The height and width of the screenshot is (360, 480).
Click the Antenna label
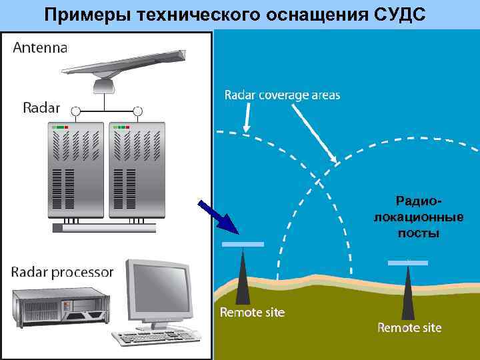40,47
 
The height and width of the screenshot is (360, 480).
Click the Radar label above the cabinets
41,107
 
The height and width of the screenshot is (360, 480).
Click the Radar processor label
62,273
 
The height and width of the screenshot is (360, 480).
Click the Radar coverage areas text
282,95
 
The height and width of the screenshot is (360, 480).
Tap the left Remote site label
252,313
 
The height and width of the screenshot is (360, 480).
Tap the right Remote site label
409,328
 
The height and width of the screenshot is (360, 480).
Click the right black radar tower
406,294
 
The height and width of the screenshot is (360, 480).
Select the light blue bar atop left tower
243,245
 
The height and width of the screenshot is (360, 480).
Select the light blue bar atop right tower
407,263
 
